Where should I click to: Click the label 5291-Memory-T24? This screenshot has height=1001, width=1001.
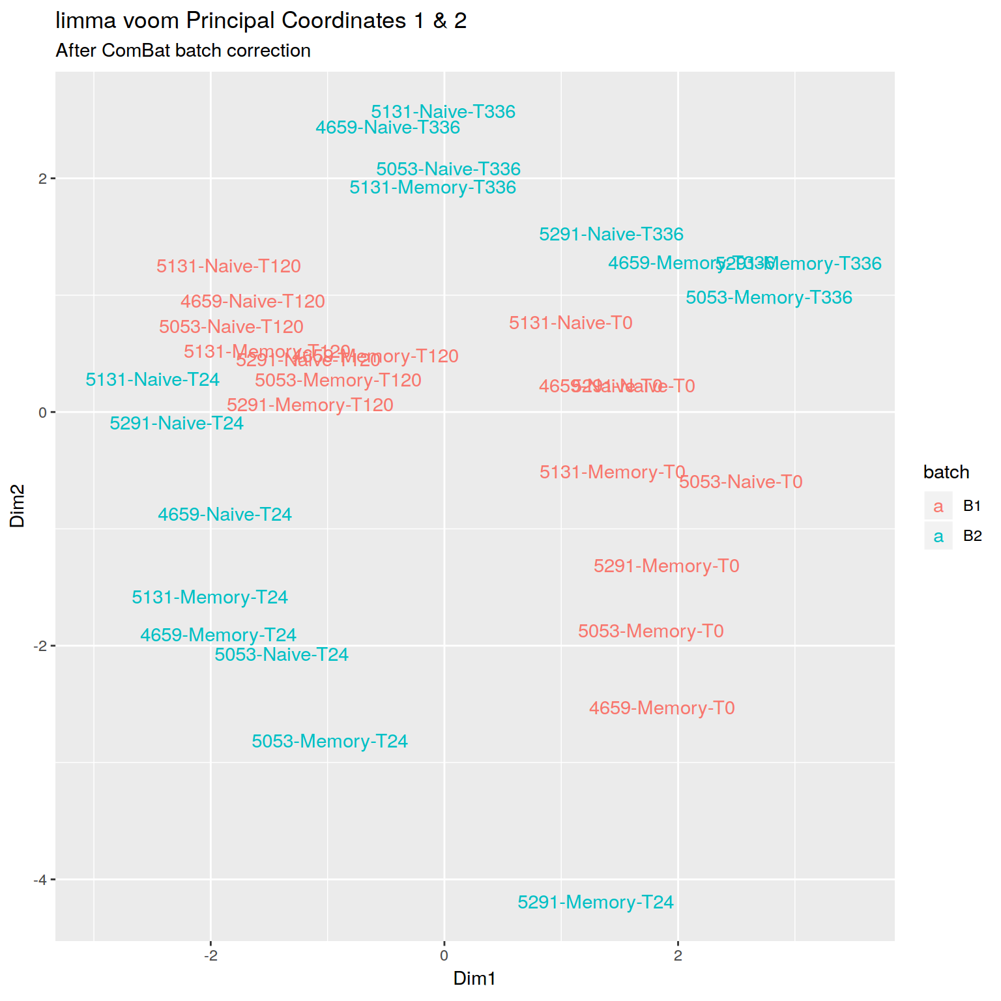click(595, 903)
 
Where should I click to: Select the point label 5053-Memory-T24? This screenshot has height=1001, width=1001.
click(330, 742)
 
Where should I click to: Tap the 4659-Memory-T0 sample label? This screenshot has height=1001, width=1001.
click(661, 708)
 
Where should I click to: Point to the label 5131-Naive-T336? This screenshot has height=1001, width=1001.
click(443, 112)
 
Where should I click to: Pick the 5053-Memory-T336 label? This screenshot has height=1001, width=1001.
click(769, 298)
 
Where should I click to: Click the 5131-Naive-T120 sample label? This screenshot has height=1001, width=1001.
click(229, 267)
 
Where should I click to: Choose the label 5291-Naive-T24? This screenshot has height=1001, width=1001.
click(177, 424)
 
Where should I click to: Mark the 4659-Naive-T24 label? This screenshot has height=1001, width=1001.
click(225, 515)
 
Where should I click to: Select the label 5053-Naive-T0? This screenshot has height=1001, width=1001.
click(740, 482)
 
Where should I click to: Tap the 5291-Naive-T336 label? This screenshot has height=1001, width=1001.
click(611, 235)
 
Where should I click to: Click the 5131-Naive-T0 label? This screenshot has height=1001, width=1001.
click(570, 323)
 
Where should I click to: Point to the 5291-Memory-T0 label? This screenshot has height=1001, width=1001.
click(666, 566)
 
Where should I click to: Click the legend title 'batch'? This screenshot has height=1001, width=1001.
click(946, 472)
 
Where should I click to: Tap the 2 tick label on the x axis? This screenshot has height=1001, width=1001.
click(678, 956)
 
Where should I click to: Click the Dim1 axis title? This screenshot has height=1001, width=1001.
click(474, 979)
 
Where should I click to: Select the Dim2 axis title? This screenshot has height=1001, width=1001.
click(18, 506)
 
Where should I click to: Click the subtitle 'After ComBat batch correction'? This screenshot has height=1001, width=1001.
click(183, 51)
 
